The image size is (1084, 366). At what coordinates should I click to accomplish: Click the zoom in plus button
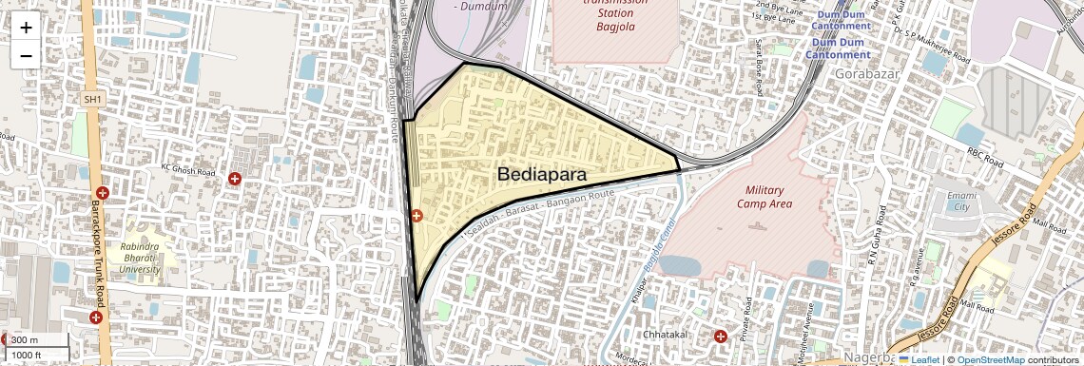pos(26,28)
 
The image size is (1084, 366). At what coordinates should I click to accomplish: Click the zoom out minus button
pos(26,55)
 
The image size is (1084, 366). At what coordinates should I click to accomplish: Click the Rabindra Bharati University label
pos(141,258)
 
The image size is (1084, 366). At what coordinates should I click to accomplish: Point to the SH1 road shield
pos(92,99)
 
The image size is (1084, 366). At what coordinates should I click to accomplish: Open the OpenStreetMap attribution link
pos(990,360)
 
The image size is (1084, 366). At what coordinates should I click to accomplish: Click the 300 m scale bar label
pos(26,340)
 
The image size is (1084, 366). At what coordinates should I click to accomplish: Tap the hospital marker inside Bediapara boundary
pos(416,216)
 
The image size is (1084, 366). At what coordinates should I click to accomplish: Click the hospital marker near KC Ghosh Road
pos(236,178)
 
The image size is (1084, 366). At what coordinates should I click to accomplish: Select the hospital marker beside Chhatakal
pos(720,336)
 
